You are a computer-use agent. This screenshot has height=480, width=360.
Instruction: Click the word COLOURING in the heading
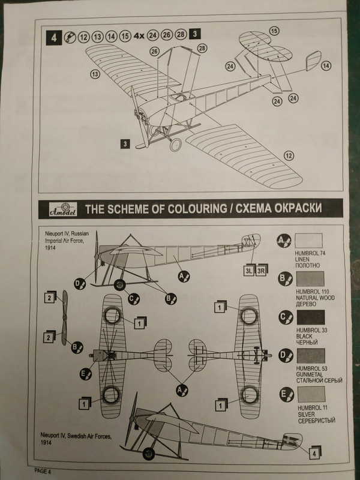click(x=172, y=209)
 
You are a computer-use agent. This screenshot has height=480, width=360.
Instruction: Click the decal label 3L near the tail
click(x=248, y=271)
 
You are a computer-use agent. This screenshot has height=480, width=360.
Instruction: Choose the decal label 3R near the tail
click(x=261, y=271)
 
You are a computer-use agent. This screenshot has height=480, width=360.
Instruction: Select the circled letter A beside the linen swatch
click(x=282, y=241)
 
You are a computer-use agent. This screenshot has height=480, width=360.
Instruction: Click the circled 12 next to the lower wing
click(x=289, y=157)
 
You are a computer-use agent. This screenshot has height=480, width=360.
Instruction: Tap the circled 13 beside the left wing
click(x=95, y=74)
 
